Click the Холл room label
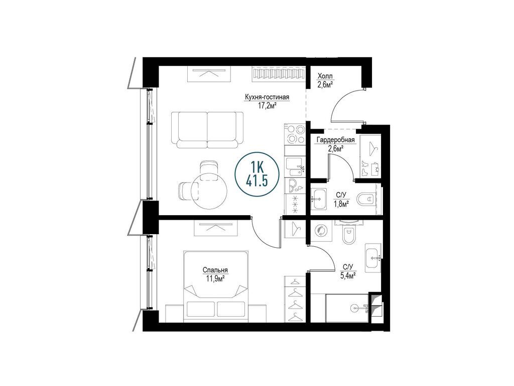click(325, 77)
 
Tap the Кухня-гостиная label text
click(267, 97)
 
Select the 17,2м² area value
click(267, 106)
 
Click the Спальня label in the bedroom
click(215, 270)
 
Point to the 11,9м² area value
click(215, 279)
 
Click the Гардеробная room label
click(335, 140)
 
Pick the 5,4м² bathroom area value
click(348, 276)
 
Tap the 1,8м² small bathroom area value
click(341, 204)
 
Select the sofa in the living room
click(207, 130)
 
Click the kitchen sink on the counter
click(294, 167)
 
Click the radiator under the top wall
click(278, 74)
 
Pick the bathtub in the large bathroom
click(347, 308)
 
